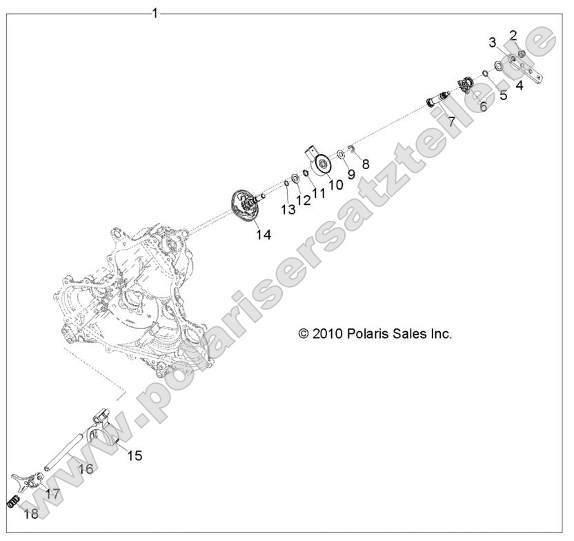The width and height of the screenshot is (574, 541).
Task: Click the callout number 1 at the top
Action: (x=155, y=12)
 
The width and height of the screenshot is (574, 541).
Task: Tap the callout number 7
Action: (x=451, y=122)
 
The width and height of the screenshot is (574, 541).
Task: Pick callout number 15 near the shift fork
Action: (x=134, y=455)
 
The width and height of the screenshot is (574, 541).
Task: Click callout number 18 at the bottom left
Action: (x=30, y=514)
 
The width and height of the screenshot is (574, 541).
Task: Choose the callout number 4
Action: (x=519, y=86)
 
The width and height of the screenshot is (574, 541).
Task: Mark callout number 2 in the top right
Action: (x=513, y=35)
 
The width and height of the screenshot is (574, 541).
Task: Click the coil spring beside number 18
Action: (x=12, y=502)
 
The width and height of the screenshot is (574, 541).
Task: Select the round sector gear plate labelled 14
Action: (x=245, y=206)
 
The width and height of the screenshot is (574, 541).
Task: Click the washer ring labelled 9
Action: (x=341, y=155)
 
